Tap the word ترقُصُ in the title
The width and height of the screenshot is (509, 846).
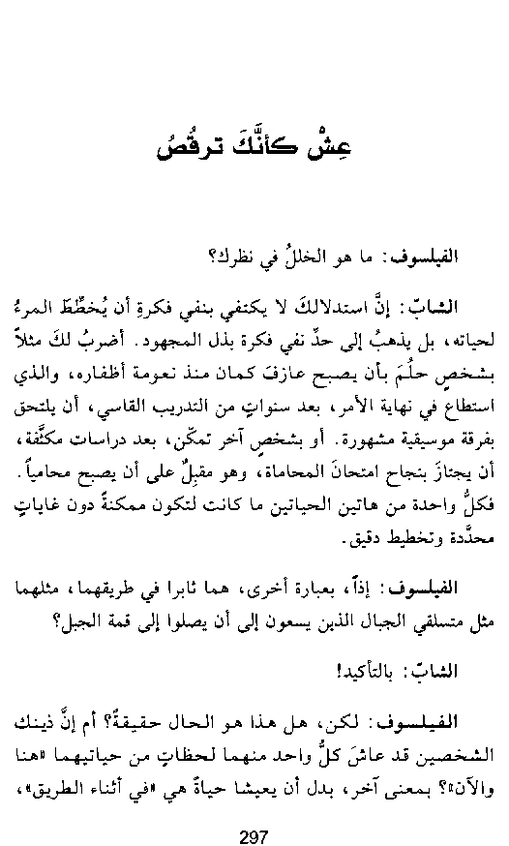tap(191, 146)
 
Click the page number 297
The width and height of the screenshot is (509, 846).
tap(254, 836)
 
